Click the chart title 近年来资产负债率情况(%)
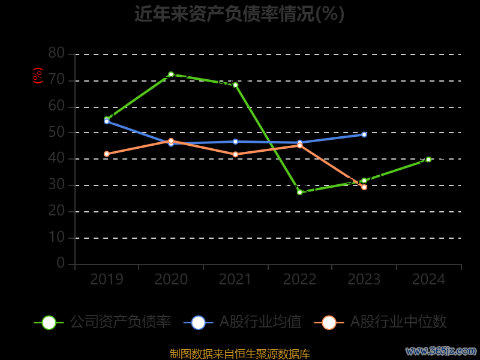[239, 13]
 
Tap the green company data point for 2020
[171, 74]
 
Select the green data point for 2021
[235, 85]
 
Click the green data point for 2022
[299, 192]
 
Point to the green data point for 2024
[428, 160]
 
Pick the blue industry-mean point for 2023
[364, 134]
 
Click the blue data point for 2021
[235, 142]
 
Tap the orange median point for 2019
[107, 154]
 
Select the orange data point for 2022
[299, 145]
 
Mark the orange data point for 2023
[364, 187]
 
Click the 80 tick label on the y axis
[56, 53]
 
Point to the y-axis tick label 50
[56, 133]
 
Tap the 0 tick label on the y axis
[61, 263]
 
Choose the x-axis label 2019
[107, 280]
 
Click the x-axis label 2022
[299, 280]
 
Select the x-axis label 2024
[428, 280]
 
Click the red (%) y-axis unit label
[38, 76]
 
